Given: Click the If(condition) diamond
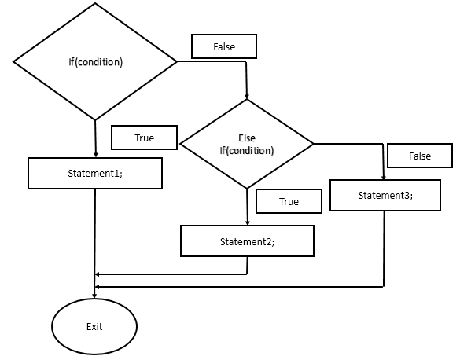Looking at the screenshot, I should click(95, 61).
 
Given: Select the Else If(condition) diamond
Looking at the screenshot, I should click(247, 144).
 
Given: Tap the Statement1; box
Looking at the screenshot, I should click(95, 173).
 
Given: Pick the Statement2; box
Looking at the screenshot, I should click(248, 241).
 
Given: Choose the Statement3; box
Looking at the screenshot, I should click(385, 195).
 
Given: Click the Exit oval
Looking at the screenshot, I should click(94, 325).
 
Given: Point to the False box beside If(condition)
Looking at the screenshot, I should click(224, 47).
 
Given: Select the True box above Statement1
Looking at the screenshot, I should click(144, 138).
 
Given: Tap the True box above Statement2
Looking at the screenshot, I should click(289, 201).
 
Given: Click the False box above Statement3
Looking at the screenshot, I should click(420, 156).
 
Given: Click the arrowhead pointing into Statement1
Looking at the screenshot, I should click(95, 155).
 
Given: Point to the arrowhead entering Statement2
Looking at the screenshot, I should click(247, 222).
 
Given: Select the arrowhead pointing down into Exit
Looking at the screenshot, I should click(95, 296).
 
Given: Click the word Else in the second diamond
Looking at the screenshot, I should click(247, 138).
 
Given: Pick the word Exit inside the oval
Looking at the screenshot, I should click(94, 325).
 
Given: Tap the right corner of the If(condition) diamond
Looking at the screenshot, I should click(177, 60).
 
